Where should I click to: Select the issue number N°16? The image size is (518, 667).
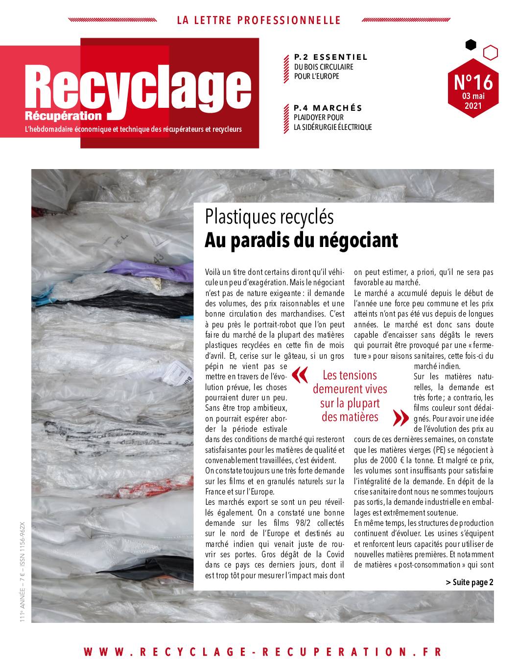[473, 81]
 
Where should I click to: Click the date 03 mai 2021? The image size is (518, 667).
[473, 100]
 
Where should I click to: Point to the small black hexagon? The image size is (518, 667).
[471, 45]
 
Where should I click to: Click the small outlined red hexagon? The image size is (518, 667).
[491, 51]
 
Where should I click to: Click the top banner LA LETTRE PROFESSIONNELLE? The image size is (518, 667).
[259, 20]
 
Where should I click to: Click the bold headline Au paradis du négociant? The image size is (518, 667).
[301, 240]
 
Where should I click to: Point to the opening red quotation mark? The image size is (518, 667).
[300, 375]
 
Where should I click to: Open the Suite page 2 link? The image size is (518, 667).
[470, 582]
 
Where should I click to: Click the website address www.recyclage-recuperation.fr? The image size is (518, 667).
[263, 652]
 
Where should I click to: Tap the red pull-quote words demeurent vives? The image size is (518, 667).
[350, 389]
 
